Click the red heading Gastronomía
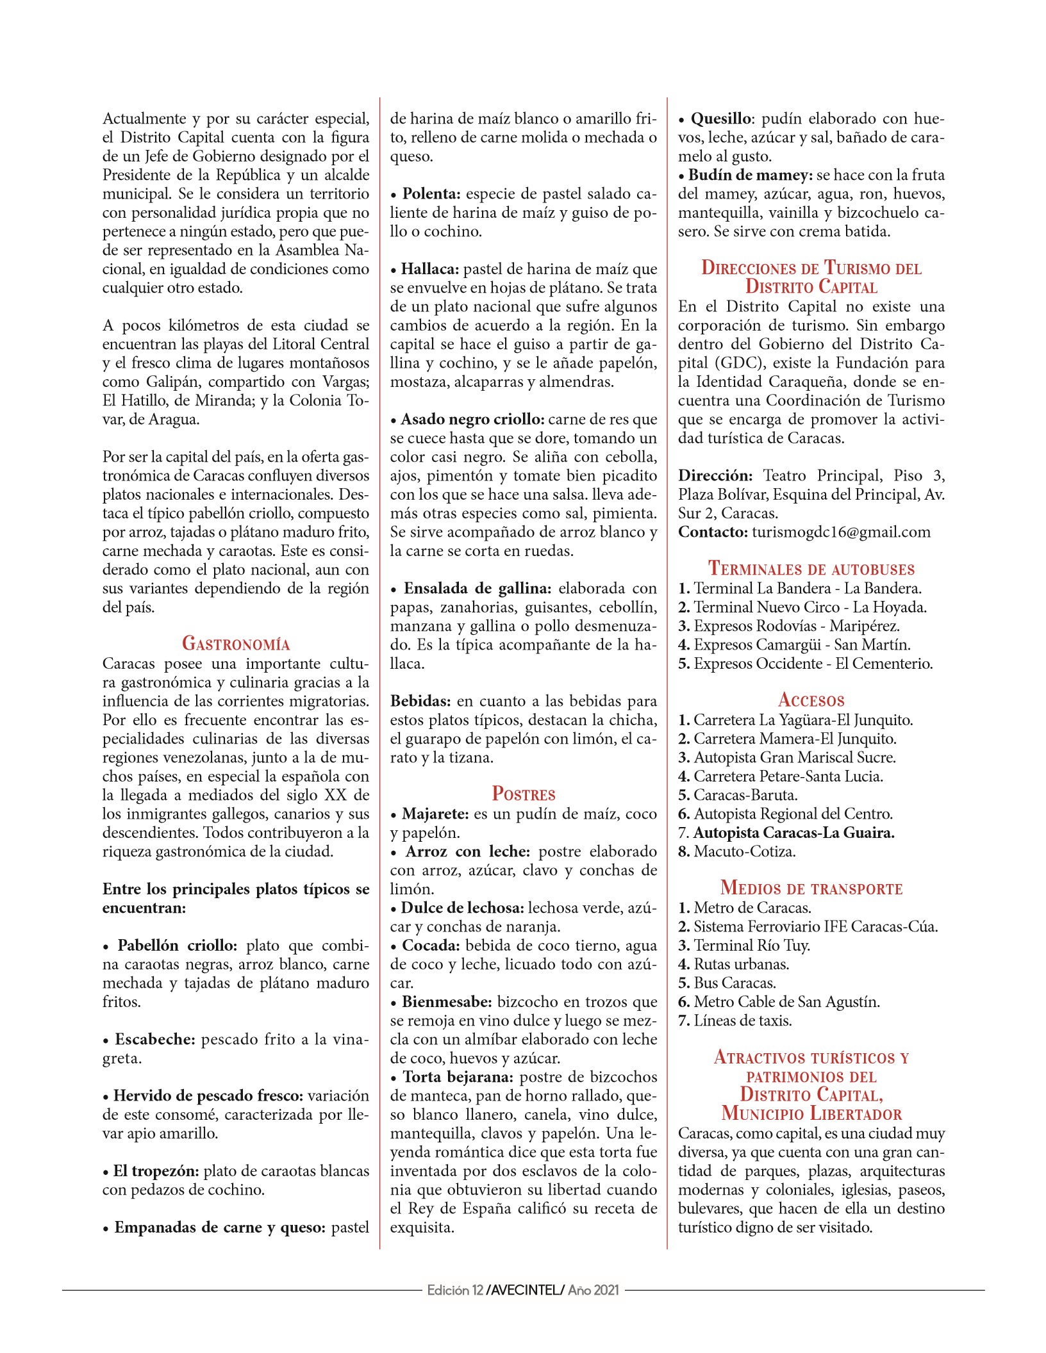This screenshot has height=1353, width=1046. [x=236, y=643]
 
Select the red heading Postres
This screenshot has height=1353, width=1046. [x=523, y=794]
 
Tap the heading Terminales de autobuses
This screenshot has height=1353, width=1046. [x=811, y=568]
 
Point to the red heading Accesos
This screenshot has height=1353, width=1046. [x=811, y=700]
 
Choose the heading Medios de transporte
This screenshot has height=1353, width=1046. [x=811, y=888]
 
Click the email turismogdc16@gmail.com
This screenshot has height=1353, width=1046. [x=841, y=532]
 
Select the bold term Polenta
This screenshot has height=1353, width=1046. [x=431, y=193]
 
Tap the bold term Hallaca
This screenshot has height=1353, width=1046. [x=430, y=269]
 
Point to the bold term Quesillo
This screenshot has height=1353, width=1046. [x=720, y=119]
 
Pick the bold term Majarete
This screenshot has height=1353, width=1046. [x=435, y=814]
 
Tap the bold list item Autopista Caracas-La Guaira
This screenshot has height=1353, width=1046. [x=793, y=833]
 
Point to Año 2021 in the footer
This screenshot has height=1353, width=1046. [x=594, y=1290]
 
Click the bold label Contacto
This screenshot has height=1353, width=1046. [x=713, y=532]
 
